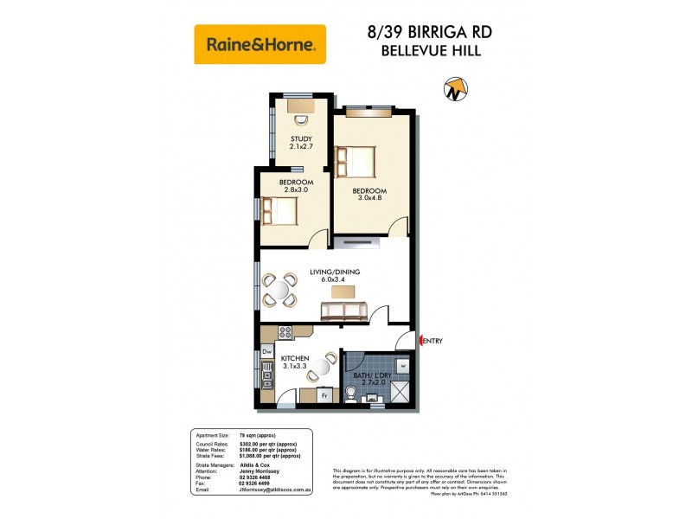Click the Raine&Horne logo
pyautogui.click(x=260, y=44)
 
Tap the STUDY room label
pyautogui.click(x=301, y=143)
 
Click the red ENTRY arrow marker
pyautogui.click(x=421, y=341)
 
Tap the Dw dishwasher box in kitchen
pyautogui.click(x=267, y=352)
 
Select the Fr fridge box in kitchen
pyautogui.click(x=325, y=396)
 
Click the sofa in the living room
pyautogui.click(x=344, y=310)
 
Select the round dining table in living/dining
pyautogui.click(x=281, y=290)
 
